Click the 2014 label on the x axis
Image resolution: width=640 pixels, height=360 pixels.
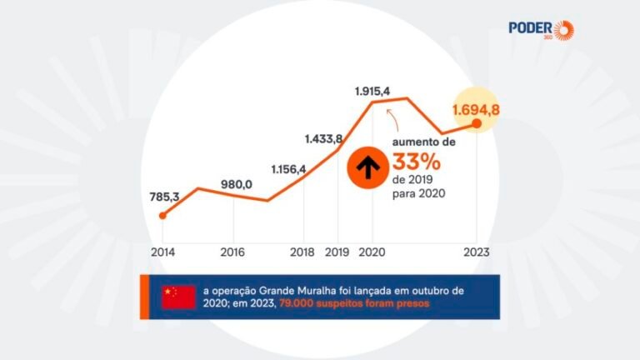[162, 251]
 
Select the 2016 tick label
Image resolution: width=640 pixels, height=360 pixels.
[233, 251]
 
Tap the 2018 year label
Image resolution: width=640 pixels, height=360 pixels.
[302, 251]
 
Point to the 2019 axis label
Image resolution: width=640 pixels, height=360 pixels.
[337, 251]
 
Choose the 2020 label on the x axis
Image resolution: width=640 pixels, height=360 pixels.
[372, 251]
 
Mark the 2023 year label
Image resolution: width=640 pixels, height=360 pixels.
[477, 251]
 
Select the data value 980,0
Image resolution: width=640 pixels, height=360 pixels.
[237, 184]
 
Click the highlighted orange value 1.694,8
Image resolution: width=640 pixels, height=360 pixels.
[477, 108]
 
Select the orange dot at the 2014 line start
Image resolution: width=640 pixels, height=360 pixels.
[162, 216]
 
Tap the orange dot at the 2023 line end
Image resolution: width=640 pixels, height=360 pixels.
[477, 124]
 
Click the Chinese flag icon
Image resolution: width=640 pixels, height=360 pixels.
[178, 296]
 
